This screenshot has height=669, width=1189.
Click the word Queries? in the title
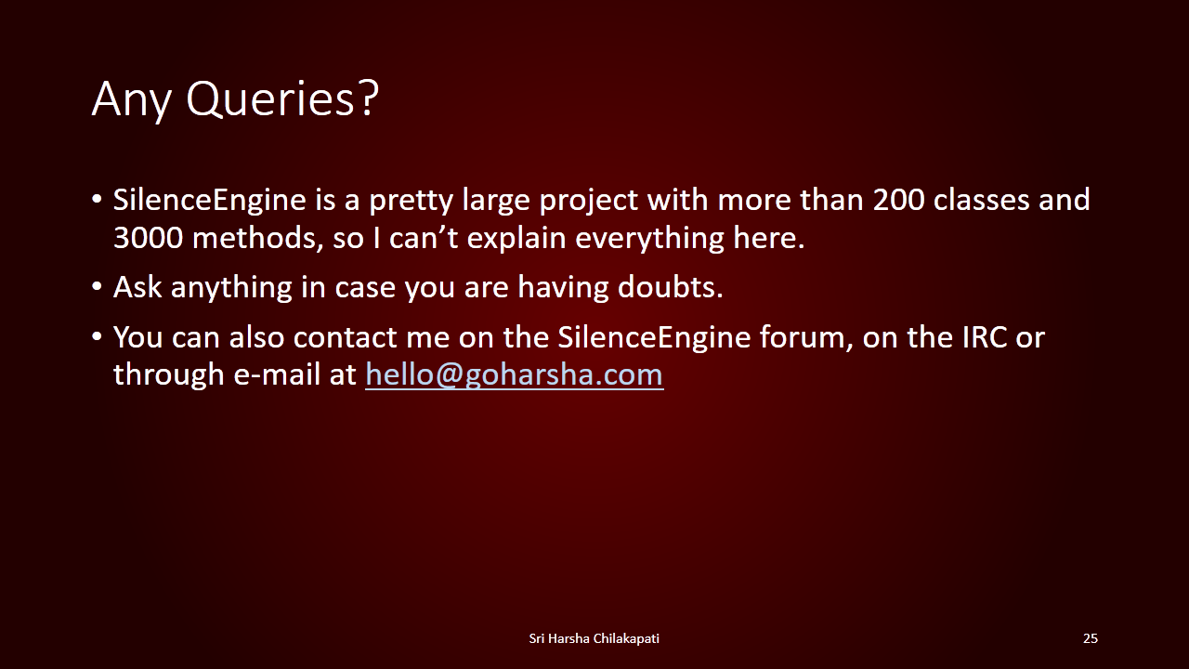(x=282, y=99)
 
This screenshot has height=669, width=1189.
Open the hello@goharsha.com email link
(x=515, y=374)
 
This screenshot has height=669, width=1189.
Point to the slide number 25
(x=1091, y=638)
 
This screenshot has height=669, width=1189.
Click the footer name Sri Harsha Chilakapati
(x=594, y=638)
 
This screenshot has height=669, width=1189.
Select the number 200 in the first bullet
(x=898, y=200)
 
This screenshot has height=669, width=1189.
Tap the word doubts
(x=671, y=287)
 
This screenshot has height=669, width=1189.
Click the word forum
(x=806, y=337)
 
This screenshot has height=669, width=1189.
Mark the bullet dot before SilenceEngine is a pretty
(x=97, y=200)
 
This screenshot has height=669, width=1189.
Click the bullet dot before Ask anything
(x=97, y=287)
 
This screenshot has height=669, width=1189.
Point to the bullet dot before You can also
(x=97, y=336)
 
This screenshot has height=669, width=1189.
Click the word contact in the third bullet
(x=345, y=337)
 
